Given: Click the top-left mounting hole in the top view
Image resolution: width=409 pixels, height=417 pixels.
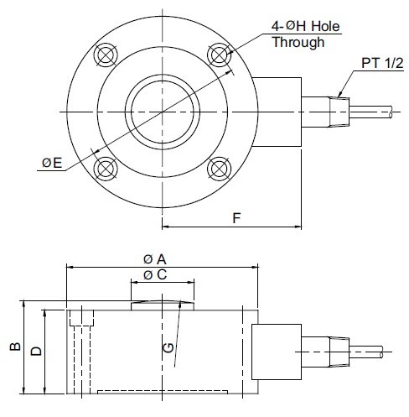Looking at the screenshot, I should (x=106, y=55).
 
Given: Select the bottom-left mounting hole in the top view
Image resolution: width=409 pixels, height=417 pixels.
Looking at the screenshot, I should (x=106, y=168).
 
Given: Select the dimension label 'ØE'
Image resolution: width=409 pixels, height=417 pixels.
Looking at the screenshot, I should (x=53, y=163).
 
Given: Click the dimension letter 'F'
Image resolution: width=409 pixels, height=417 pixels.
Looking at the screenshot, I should (x=237, y=217).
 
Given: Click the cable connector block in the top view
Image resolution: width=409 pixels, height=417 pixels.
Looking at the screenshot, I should (x=277, y=112).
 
